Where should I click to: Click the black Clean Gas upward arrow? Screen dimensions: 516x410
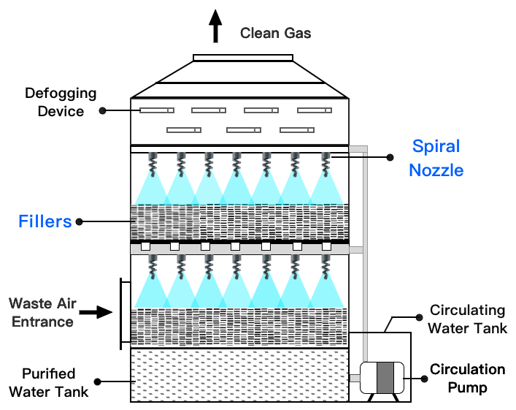[215, 26]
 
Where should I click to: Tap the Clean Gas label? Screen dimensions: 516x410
[275, 33]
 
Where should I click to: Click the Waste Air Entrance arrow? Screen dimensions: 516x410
[96, 312]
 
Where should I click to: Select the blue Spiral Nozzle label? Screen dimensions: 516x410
[436, 158]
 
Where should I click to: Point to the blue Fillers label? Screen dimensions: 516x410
[45, 221]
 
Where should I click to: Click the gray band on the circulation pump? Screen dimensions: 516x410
[385, 378]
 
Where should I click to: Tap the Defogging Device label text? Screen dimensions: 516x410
[61, 102]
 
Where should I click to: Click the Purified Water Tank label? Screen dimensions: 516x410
[49, 383]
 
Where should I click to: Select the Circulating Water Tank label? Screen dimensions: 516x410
[467, 319]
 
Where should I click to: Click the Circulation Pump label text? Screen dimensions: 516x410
[467, 379]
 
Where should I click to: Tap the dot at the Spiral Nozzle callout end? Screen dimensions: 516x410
[390, 158]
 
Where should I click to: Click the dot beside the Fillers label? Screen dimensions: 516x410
[79, 221]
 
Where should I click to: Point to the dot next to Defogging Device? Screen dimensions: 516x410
[103, 111]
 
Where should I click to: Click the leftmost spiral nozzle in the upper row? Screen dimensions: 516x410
[153, 164]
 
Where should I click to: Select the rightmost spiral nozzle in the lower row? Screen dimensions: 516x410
[326, 267]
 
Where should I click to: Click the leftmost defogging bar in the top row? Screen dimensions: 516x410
[157, 110]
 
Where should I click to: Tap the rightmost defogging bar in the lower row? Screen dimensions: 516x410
[297, 130]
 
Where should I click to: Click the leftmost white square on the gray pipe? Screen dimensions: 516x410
[145, 246]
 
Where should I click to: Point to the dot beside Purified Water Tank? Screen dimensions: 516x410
[97, 381]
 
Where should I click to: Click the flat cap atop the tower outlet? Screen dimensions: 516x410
[243, 58]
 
